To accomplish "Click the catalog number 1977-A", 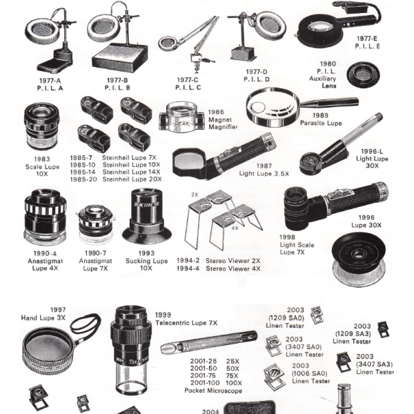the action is coord(50,81).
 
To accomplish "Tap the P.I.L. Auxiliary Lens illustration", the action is coord(364,75).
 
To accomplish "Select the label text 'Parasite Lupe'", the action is coord(321,123).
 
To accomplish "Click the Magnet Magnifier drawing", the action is coord(181,117).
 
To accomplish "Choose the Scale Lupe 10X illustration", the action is coord(41,126).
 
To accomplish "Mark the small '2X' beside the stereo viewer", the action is coord(195,195).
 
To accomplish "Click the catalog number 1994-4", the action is coord(188,268).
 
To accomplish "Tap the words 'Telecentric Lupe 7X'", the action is coord(186,323).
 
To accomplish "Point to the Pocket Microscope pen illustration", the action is coord(208,342).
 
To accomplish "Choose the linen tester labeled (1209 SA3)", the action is coord(383,329).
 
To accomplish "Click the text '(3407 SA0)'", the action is coord(304,346).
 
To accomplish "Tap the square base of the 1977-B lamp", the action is coord(119,58).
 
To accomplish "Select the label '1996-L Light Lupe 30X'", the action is coord(372,159).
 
